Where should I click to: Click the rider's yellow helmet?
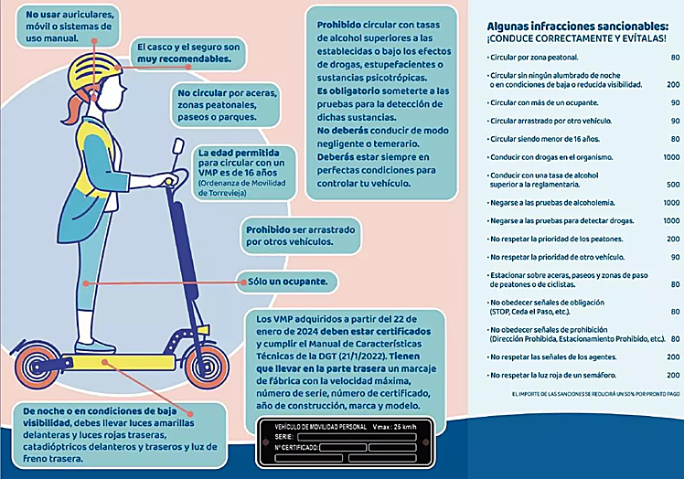point(81,72)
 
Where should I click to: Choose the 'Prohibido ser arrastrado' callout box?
point(299,236)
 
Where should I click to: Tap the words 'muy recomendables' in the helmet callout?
point(182,59)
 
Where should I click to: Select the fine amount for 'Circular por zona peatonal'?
point(674,57)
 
